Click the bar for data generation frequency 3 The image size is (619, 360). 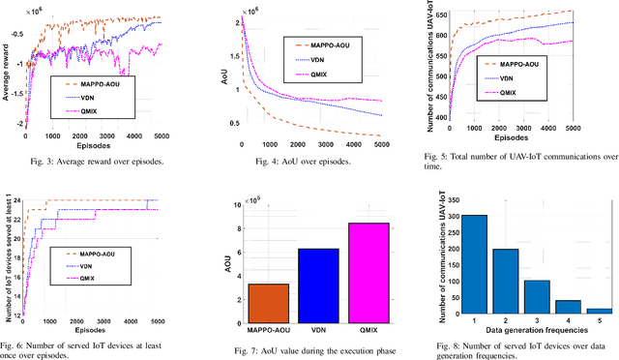[537, 296]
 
